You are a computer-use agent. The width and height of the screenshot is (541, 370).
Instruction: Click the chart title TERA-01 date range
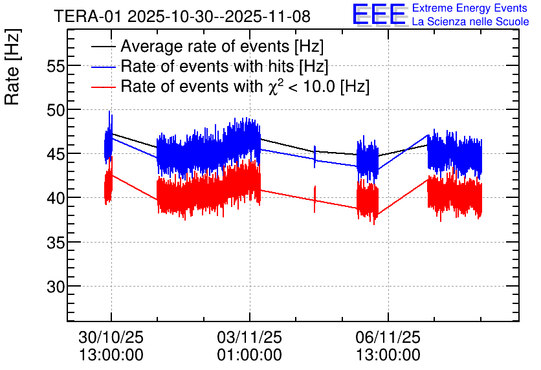pyautogui.click(x=182, y=16)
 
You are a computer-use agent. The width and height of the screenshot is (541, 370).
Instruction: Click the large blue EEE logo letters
pyautogui.click(x=379, y=15)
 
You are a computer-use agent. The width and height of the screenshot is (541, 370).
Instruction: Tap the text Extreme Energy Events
pyautogui.click(x=470, y=8)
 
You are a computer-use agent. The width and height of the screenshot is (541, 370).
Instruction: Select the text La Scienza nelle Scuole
pyautogui.click(x=470, y=22)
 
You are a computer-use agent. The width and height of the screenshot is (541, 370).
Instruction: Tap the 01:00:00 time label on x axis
pyautogui.click(x=249, y=354)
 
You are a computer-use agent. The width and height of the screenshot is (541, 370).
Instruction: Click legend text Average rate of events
pyautogui.click(x=221, y=47)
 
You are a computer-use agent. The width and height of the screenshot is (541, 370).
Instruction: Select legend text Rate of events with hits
pyautogui.click(x=224, y=67)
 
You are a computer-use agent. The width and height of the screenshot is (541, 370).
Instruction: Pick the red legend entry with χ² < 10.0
pyautogui.click(x=245, y=86)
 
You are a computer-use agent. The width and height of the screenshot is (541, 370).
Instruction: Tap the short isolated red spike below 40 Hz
pyautogui.click(x=315, y=199)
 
